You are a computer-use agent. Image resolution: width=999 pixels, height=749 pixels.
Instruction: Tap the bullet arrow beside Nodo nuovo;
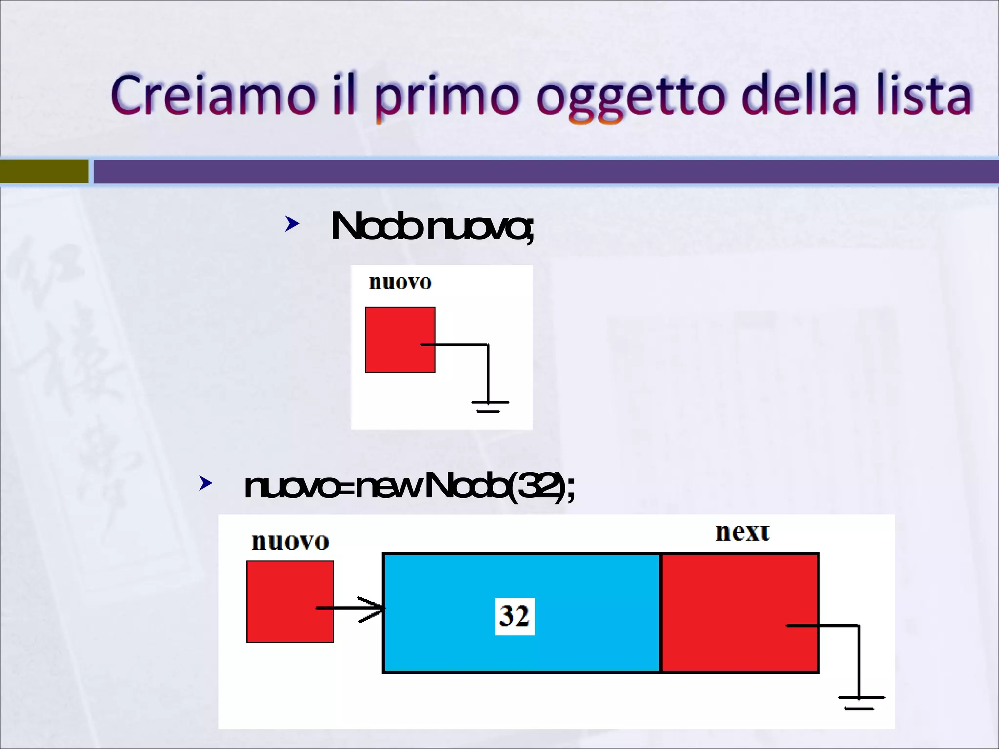292,224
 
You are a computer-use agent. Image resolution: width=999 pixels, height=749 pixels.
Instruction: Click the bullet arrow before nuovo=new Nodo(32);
206,483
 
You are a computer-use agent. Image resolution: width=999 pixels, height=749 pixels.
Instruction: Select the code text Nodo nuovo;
432,227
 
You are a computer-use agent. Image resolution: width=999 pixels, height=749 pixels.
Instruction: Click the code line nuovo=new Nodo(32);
410,486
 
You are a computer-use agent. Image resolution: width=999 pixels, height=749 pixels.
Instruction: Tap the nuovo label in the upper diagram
400,282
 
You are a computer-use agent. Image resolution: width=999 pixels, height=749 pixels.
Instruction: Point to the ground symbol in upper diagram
489,405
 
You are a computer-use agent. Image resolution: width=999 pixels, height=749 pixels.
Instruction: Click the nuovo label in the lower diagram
290,542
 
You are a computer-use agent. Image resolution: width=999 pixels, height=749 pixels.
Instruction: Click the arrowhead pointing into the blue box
373,608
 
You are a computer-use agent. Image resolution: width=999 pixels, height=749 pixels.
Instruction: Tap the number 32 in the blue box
515,616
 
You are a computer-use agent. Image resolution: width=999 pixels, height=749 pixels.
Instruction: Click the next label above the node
742,532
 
